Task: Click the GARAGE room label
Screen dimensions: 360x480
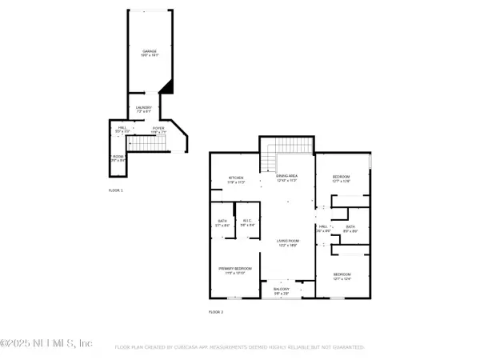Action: point(149,50)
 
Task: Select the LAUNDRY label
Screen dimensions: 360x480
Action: point(145,106)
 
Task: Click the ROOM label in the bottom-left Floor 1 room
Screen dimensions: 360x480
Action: point(118,157)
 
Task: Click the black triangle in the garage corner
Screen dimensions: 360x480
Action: point(166,85)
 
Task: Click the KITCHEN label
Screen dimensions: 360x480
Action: point(236,178)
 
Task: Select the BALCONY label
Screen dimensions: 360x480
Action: point(281,289)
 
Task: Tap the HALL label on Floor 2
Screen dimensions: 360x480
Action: point(324,227)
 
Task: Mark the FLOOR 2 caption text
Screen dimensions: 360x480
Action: point(216,311)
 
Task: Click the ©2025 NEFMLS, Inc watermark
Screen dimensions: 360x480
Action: point(46,343)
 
